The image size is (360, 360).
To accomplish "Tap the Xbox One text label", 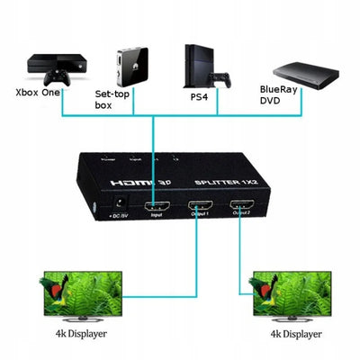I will point(39,91).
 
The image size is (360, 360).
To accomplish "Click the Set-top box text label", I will point(115,98).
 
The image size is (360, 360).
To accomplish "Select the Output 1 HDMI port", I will point(200,212).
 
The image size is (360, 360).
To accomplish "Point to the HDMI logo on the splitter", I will point(133,184).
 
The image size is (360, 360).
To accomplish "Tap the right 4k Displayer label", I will point(294,335).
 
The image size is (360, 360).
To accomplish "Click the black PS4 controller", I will point(219,75).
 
